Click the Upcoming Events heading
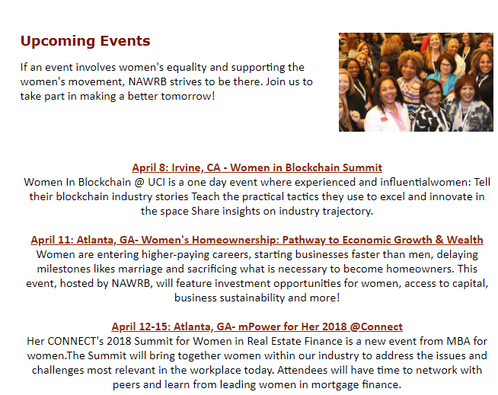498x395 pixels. (85, 41)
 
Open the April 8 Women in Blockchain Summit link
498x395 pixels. (257, 167)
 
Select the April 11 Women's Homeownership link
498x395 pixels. (257, 240)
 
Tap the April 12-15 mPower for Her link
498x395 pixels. (257, 327)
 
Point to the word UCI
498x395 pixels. (157, 182)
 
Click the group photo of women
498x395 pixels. (416, 82)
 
